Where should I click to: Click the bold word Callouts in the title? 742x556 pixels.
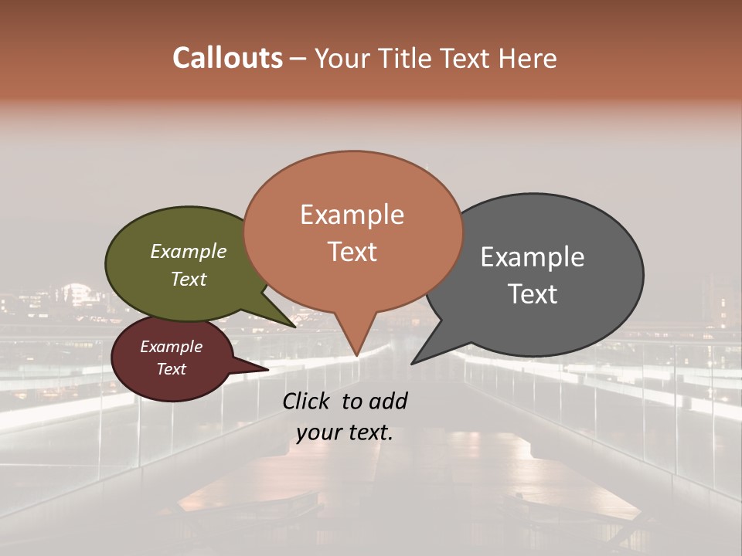[x=227, y=58]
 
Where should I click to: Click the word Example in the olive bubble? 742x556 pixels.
[x=189, y=252]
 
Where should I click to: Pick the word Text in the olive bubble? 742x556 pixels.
[x=189, y=279]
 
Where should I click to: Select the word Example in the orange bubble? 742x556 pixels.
[x=352, y=215]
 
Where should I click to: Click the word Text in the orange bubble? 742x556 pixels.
[x=352, y=252]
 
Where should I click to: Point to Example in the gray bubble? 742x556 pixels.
[x=533, y=257]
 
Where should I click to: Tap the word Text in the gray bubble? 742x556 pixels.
[x=533, y=294]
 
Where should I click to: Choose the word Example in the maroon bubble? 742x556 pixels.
[x=172, y=347]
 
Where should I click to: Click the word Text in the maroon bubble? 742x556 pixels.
[x=172, y=369]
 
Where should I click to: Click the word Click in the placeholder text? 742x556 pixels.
[x=308, y=401]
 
